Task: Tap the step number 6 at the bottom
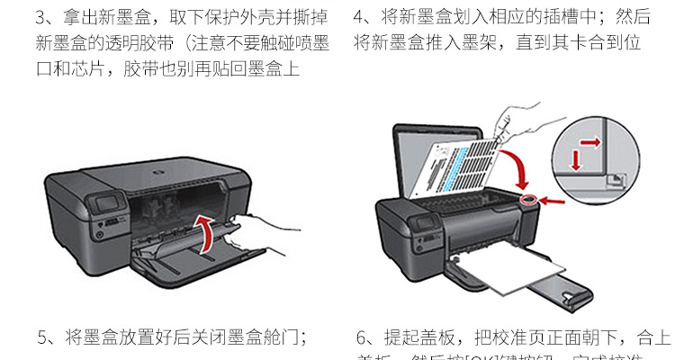click(x=362, y=338)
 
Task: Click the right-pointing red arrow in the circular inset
click(x=590, y=141)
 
